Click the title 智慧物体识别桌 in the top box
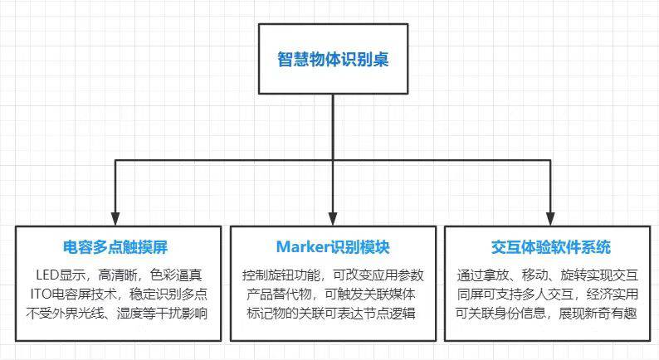[332, 59]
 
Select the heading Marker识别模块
[332, 247]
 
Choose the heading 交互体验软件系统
[549, 247]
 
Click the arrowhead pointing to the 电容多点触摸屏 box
[115, 216]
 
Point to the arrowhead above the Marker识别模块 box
[332, 216]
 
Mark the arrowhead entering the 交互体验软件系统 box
[549, 216]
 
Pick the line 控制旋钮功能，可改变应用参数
[332, 275]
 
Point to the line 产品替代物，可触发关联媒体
[332, 294]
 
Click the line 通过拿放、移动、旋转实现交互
[549, 275]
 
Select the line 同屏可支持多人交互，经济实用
[549, 294]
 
